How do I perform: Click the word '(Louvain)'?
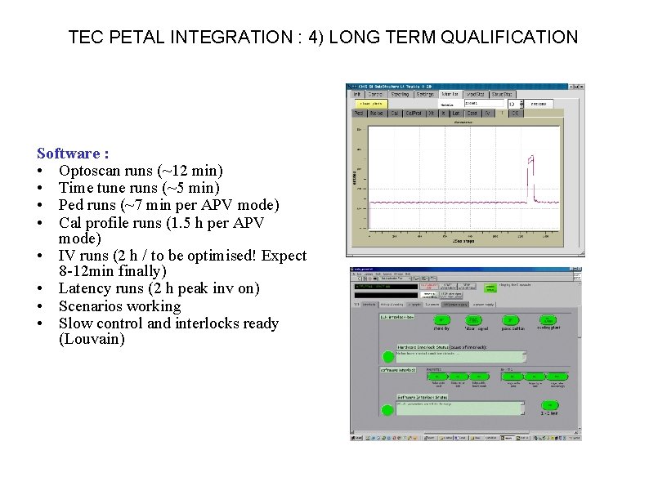pos(92,339)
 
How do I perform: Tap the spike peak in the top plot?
pos(530,157)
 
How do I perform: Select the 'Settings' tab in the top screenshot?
pos(424,95)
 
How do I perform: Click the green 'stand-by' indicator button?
pos(441,320)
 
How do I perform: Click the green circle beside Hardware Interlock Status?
pos(387,356)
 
